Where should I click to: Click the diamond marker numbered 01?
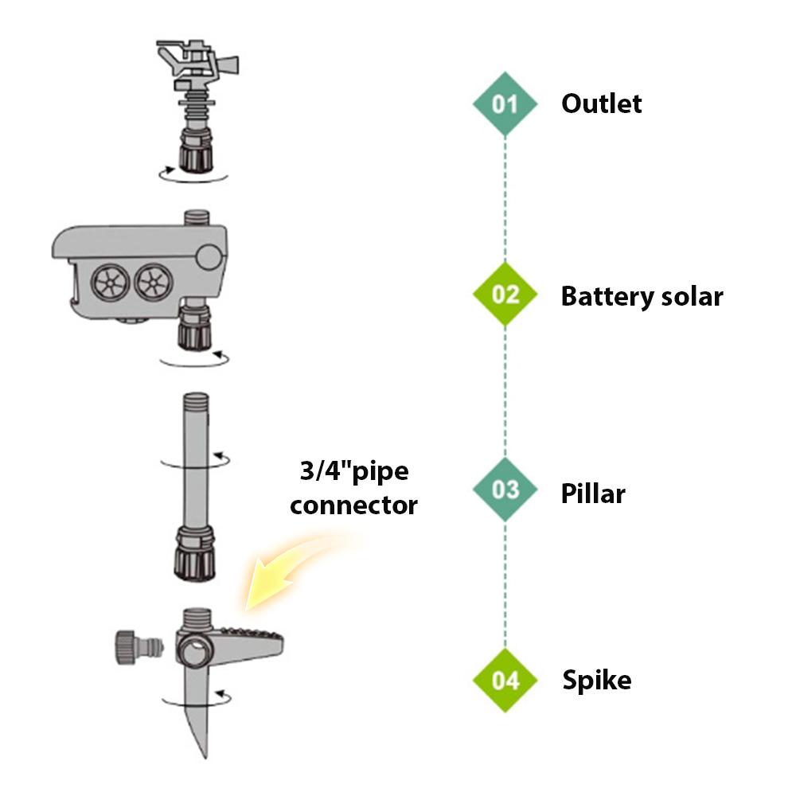pos(505,103)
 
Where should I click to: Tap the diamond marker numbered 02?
pos(505,295)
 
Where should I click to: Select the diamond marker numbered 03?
pos(505,489)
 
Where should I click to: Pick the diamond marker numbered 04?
pos(505,681)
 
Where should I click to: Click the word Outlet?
pos(601,103)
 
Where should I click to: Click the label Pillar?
pos(593,494)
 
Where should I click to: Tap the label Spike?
pos(597,681)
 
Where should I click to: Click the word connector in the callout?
pos(353,505)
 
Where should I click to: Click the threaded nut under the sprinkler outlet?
pos(194,153)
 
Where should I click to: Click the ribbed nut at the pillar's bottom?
pos(194,554)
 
